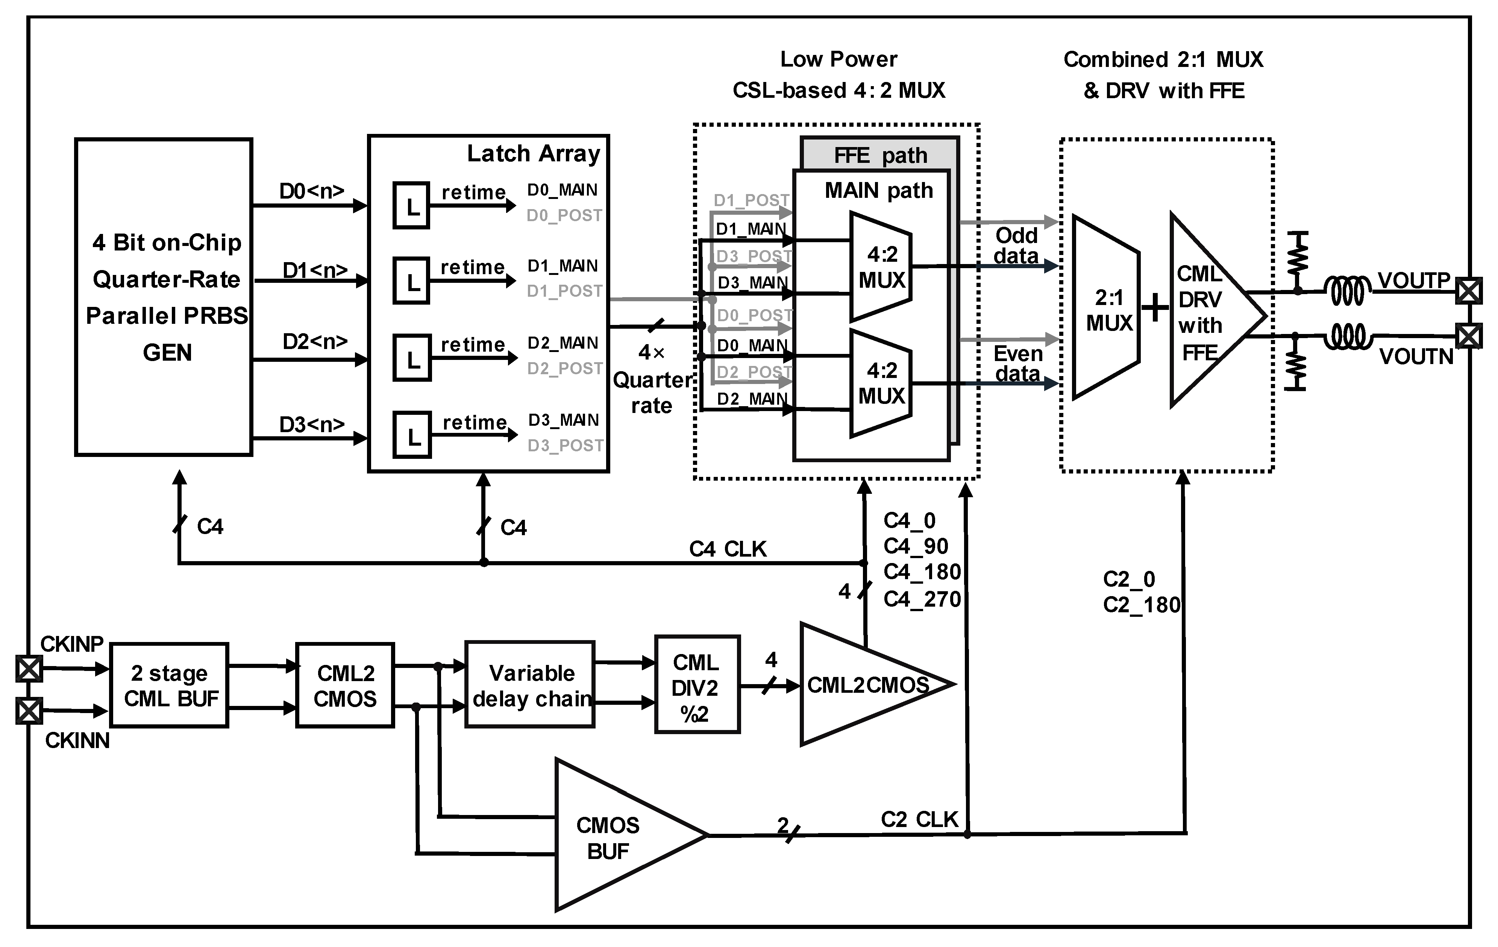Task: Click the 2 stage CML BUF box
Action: coord(169,685)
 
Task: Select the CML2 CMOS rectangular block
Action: coord(345,685)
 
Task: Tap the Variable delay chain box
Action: coord(530,684)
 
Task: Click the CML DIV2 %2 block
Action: coord(697,684)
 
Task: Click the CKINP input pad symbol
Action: coord(29,669)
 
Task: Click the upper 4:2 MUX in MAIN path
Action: coord(881,267)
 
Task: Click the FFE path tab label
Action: coord(880,155)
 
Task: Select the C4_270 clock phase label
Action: coord(922,599)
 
